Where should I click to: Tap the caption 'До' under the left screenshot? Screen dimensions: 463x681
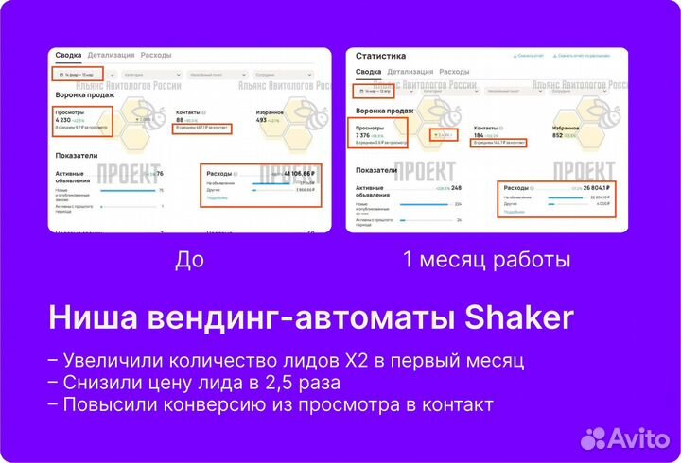[x=189, y=259]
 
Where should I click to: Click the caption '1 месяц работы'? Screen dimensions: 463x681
[x=486, y=259]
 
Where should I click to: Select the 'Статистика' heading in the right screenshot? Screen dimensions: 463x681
[x=380, y=56]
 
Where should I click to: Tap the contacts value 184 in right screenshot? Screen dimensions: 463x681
[x=480, y=135]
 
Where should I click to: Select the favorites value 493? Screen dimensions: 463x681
[x=262, y=120]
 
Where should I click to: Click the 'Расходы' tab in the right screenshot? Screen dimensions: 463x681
[x=454, y=72]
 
